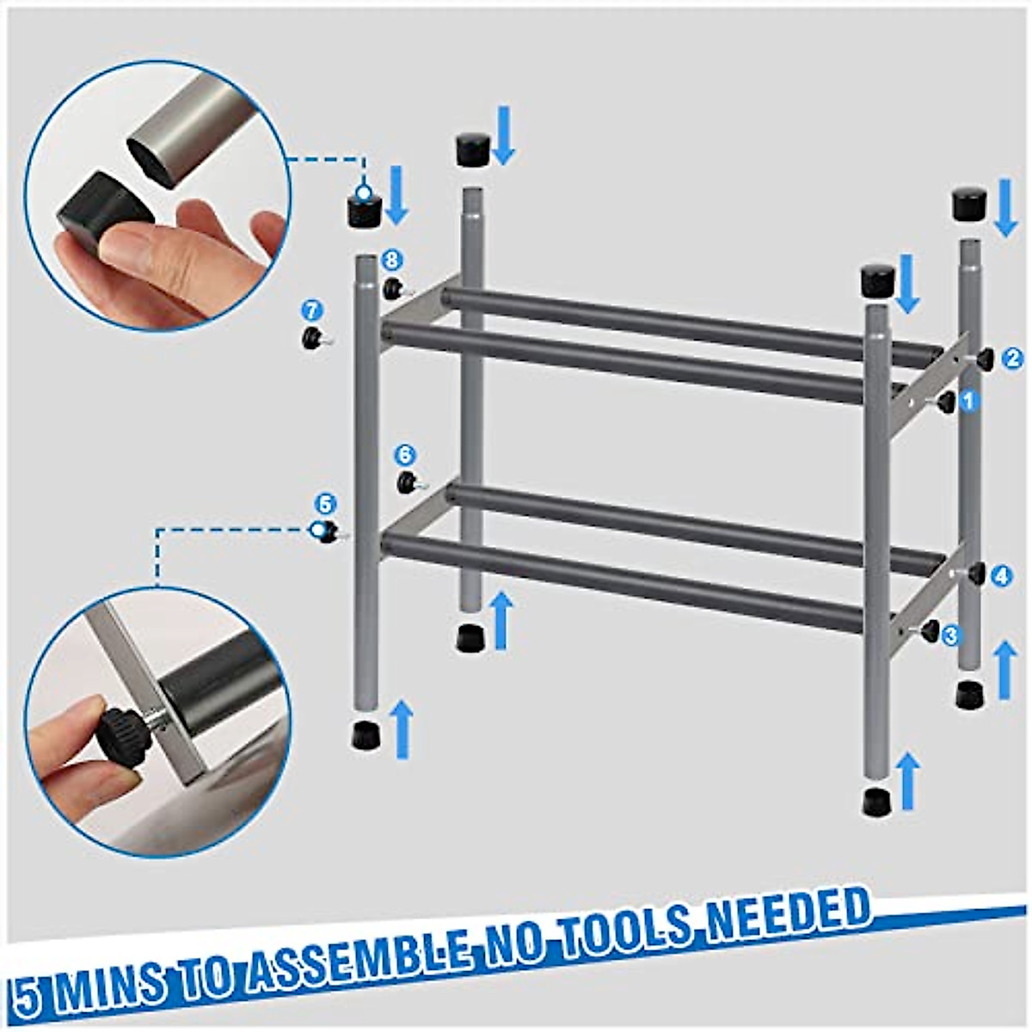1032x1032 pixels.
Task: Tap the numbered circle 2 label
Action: pos(1013,356)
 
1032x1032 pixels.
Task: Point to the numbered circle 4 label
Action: pos(1001,576)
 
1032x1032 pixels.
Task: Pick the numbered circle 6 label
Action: pos(406,454)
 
